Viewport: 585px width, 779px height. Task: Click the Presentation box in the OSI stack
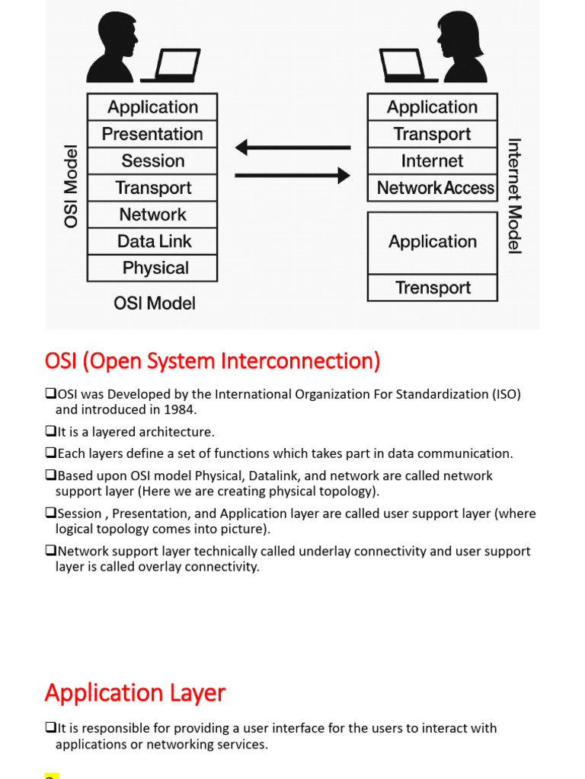(152, 134)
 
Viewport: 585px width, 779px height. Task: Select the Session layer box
(152, 161)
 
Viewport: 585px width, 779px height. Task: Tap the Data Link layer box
(152, 241)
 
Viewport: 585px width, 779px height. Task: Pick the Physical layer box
(152, 268)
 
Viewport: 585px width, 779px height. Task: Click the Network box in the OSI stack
(152, 215)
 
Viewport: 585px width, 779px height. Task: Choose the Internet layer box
(432, 161)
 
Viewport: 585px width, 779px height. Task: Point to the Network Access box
(432, 188)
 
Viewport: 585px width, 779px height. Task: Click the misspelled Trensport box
(432, 288)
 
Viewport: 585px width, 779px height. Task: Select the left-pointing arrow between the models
(292, 148)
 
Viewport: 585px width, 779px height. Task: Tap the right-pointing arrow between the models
(292, 176)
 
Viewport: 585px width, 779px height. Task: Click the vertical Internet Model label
(514, 196)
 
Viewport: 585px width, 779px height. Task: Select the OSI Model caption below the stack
(155, 304)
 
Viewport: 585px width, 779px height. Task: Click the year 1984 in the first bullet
(180, 410)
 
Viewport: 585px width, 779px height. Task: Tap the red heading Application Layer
(135, 693)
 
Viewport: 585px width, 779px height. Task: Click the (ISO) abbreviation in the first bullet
(506, 394)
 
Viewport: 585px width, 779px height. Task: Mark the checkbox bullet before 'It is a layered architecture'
(50, 432)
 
